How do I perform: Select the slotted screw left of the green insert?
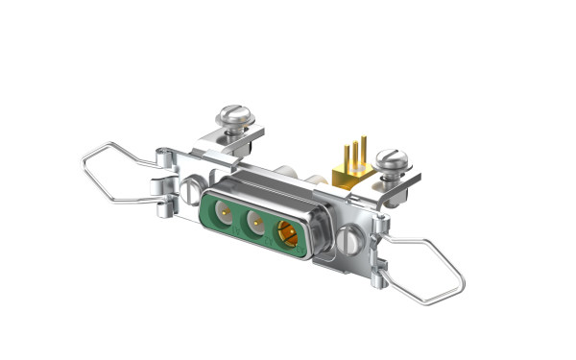tap(192, 188)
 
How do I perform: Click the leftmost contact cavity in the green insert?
tap(223, 211)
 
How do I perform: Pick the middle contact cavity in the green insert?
tap(255, 223)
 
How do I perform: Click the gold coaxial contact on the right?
tap(288, 234)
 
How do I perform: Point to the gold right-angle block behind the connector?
tap(348, 173)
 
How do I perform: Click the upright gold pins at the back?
tap(353, 152)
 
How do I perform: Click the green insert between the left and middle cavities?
tap(239, 216)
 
